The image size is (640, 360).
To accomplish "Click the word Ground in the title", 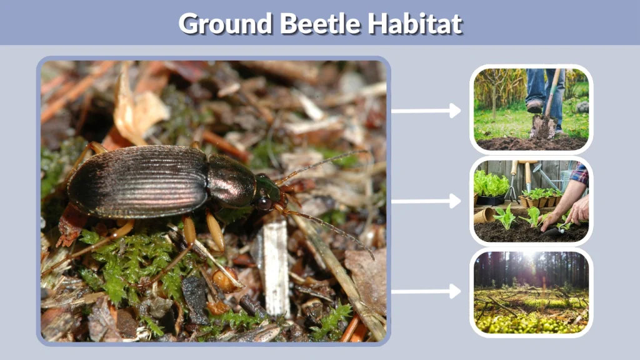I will (x=224, y=24).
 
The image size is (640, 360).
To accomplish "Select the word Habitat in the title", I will (x=414, y=24).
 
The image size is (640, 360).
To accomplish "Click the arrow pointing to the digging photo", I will (x=426, y=111).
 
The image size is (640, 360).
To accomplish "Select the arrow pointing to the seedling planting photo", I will (x=426, y=201).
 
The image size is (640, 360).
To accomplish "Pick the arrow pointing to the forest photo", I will (x=426, y=291).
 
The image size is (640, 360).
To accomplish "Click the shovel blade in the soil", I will (x=542, y=127).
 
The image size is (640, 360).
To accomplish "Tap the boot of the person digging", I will (x=535, y=106).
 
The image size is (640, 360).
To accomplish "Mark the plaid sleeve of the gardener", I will (x=581, y=174).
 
